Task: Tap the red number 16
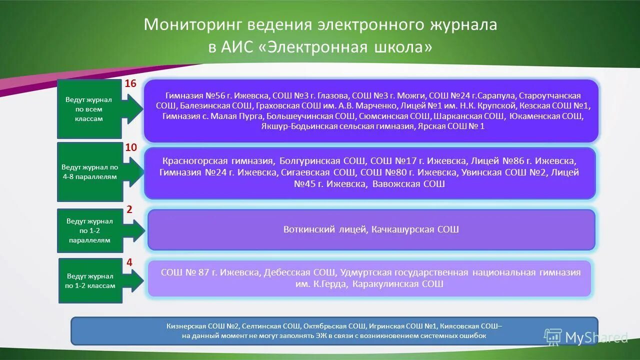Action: click(130, 83)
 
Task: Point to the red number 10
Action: click(130, 147)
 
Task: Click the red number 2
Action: click(129, 210)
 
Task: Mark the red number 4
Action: click(129, 262)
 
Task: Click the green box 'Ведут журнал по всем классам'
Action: click(89, 109)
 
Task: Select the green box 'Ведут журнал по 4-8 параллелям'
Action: click(89, 171)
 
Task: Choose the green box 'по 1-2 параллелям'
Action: click(89, 230)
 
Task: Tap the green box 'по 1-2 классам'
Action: click(90, 280)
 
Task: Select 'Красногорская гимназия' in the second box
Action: click(218, 161)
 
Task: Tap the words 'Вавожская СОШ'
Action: click(408, 184)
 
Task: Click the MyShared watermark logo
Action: click(586, 337)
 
